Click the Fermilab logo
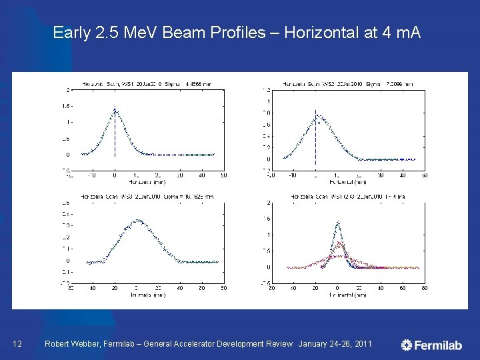431,345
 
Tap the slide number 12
19,344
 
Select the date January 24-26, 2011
335,344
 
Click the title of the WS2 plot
348,84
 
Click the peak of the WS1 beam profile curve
115,109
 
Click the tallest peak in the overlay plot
337,223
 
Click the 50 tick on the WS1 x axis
224,175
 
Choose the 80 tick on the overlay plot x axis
425,288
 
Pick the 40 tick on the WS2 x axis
403,175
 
